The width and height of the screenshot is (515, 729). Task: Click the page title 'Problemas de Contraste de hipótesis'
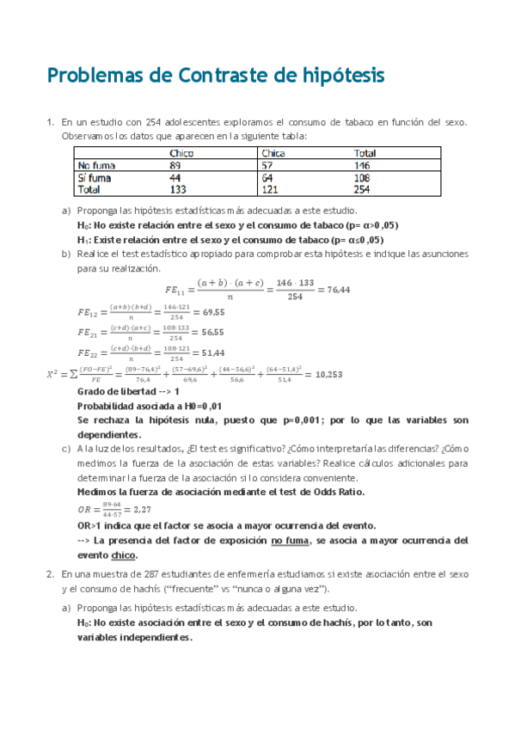(x=215, y=76)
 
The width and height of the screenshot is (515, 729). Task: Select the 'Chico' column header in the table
(x=181, y=153)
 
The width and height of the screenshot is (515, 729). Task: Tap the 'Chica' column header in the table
(x=273, y=153)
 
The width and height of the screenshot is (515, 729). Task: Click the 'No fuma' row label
(x=96, y=165)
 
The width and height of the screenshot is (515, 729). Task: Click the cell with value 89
(x=175, y=165)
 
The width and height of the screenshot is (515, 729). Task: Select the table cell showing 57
(x=267, y=165)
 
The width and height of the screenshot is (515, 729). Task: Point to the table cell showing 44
(x=175, y=177)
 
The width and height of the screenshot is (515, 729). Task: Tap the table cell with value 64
(x=267, y=177)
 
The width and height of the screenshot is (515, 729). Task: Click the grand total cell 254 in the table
(x=362, y=189)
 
